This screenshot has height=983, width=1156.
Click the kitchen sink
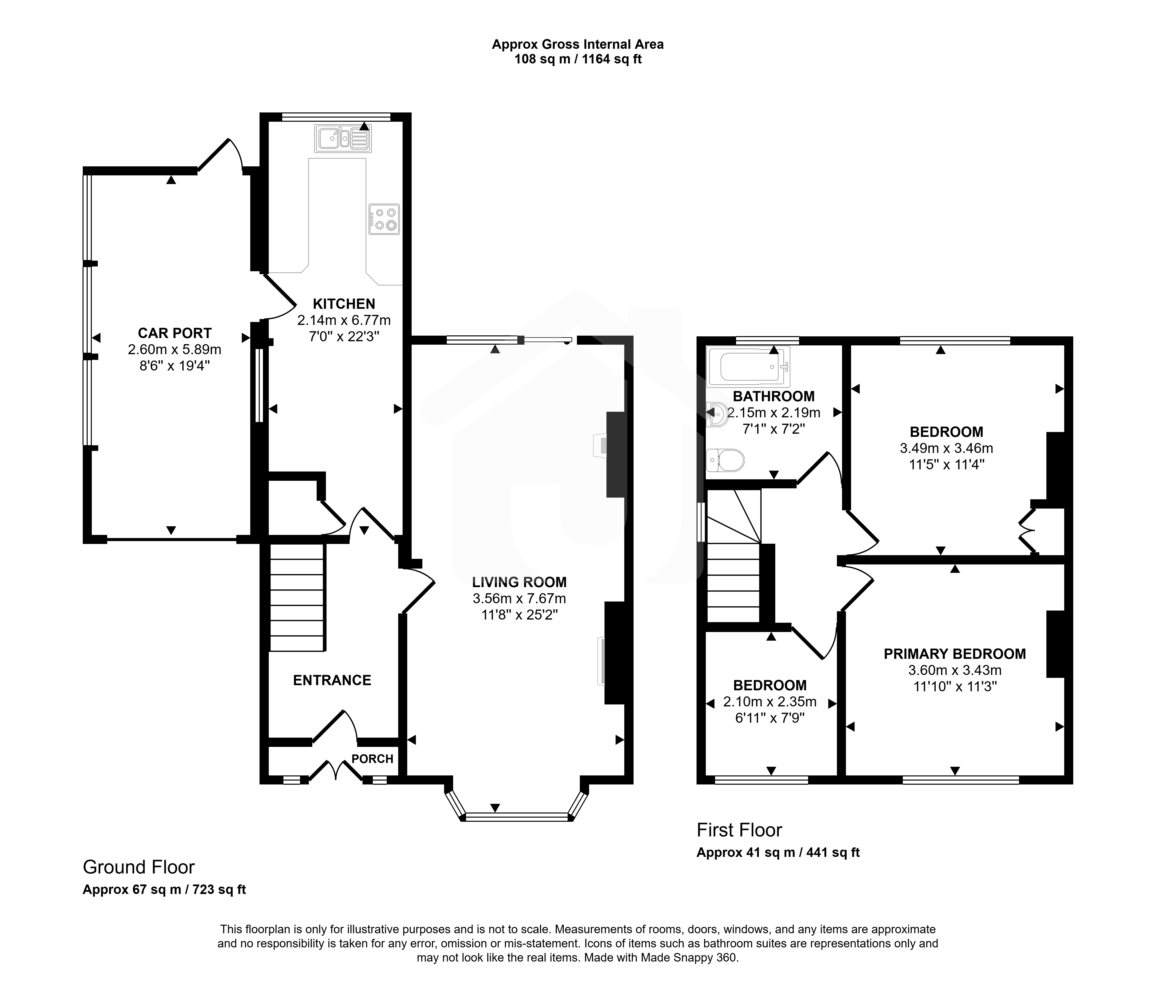point(342,138)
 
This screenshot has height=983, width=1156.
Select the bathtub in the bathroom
point(748,367)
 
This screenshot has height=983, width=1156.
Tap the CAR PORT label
point(175,333)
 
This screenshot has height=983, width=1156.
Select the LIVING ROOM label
point(519,582)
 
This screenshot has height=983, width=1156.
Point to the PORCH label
point(372,758)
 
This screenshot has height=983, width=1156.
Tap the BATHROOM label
point(773,396)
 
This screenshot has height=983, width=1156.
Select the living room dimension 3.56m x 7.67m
point(519,599)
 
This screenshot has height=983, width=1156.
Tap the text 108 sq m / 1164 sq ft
point(578,59)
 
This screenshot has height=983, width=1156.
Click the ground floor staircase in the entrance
point(297,597)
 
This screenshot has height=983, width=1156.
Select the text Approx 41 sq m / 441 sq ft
point(778,853)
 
